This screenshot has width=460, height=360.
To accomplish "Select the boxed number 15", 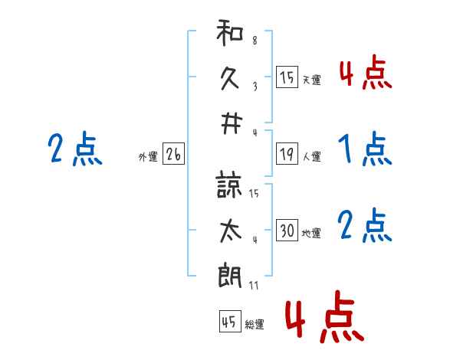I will pyautogui.click(x=287, y=77).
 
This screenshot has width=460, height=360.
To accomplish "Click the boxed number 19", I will pyautogui.click(x=287, y=154).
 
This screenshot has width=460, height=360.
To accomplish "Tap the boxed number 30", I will pyautogui.click(x=287, y=231).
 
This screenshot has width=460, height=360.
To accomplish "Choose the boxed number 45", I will pyautogui.click(x=229, y=322).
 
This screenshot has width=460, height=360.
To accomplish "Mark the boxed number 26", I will pyautogui.click(x=173, y=155).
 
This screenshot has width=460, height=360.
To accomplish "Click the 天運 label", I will pyautogui.click(x=311, y=80).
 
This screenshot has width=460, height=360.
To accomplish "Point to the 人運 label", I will pyautogui.click(x=311, y=156).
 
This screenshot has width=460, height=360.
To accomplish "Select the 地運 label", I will pyautogui.click(x=311, y=233).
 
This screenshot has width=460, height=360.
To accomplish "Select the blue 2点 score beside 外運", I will pyautogui.click(x=74, y=149).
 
